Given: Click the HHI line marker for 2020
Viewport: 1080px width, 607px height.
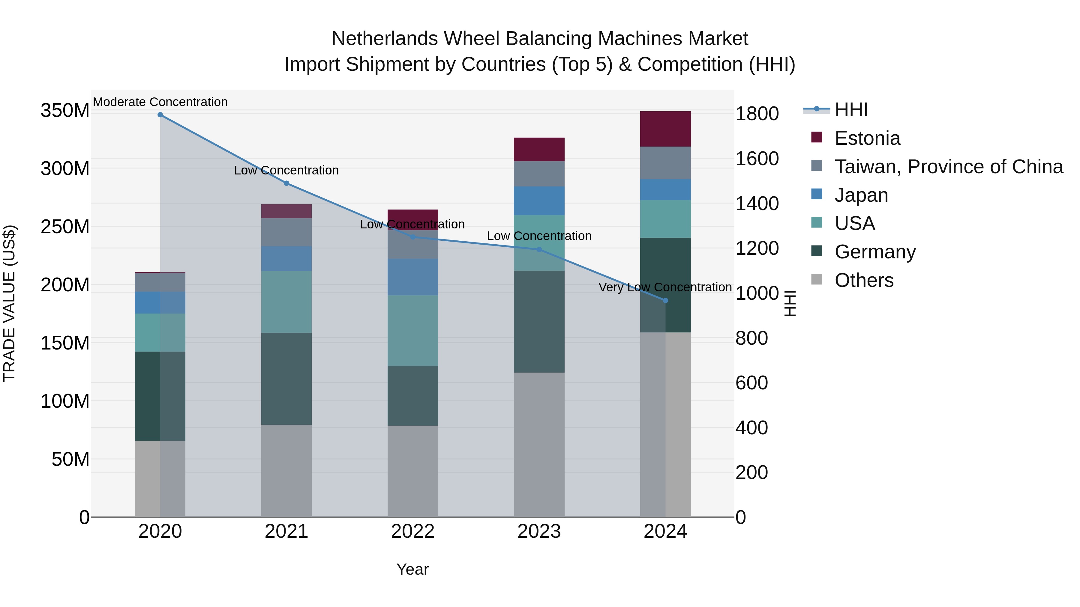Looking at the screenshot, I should [x=160, y=115].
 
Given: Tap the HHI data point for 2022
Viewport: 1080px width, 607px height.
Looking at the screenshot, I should [x=412, y=237].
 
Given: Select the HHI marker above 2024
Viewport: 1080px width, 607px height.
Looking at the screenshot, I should [x=665, y=301].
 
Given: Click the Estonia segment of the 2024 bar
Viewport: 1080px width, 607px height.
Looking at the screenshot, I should [x=665, y=129].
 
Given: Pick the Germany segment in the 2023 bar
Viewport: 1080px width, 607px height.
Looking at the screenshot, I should [x=539, y=322].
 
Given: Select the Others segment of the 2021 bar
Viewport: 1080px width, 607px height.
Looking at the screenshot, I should [x=286, y=471].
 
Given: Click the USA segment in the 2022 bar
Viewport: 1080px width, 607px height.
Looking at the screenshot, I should [x=412, y=331].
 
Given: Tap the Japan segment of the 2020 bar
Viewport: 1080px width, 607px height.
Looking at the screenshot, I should [x=160, y=302].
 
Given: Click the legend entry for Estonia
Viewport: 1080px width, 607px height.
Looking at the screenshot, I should [x=867, y=138].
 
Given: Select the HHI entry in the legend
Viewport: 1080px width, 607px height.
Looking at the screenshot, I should [x=851, y=110].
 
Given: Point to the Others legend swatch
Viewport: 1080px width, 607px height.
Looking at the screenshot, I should [x=817, y=279].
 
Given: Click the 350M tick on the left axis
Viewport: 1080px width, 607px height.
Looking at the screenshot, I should [x=65, y=111].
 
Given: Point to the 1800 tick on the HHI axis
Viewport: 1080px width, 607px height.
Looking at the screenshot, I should [x=757, y=114].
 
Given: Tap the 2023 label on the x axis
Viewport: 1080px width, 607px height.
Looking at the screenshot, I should [x=539, y=531].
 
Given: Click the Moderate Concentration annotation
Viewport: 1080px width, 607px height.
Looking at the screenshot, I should [x=160, y=102].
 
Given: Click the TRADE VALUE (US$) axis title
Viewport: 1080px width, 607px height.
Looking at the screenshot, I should [x=9, y=303].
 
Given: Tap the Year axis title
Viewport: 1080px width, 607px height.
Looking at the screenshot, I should [x=412, y=569].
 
